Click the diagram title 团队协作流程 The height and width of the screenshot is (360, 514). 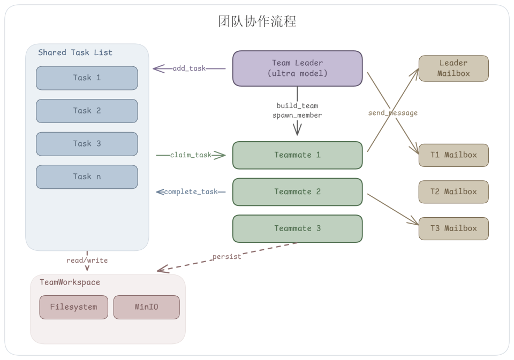257,21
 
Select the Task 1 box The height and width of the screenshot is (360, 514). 87,78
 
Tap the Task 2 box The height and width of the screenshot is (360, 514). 87,111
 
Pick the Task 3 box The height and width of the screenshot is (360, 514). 87,144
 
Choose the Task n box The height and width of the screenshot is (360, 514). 87,177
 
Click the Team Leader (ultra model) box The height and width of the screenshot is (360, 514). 297,68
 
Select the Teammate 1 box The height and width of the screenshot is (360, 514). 297,155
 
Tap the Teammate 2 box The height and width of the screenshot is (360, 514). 297,192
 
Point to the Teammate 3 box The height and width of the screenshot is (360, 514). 297,228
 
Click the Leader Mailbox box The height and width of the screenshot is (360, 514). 453,68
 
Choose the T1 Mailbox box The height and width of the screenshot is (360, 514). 453,155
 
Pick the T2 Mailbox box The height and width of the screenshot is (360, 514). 453,192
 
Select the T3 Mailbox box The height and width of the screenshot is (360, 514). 453,228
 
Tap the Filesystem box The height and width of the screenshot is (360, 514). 73,307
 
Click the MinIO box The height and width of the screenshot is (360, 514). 146,307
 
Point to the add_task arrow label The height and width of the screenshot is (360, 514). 189,68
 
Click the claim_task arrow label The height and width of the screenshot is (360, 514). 191,155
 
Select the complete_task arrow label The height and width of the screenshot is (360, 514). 191,192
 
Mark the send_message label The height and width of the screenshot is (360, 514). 392,113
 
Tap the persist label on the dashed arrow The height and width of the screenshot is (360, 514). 226,256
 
